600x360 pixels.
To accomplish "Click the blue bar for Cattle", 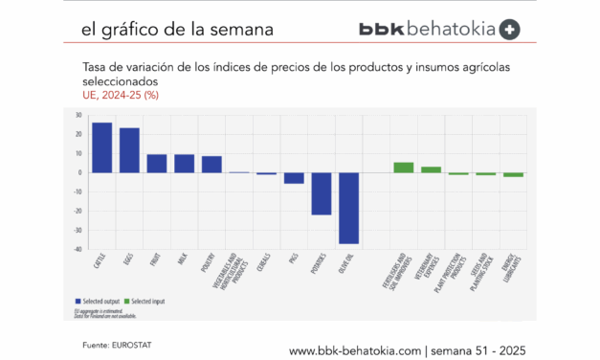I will pos(101,147).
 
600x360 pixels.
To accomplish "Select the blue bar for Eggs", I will pos(129,150).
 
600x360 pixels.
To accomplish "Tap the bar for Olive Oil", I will pos(348,208).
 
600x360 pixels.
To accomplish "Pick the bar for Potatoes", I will pos(322,193).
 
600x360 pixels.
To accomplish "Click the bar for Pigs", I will pos(294,178).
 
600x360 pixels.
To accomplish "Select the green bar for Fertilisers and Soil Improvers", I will pos(404,168).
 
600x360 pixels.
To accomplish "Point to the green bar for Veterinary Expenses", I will pos(432,169).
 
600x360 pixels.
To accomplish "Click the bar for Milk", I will pos(185,164).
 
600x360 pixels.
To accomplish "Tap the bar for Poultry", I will pos(211,165).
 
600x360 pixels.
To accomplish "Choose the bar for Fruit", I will pos(157,164).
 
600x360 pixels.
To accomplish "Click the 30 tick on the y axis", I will pos(78,115).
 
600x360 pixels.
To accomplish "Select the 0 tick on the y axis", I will pos(80,173).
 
